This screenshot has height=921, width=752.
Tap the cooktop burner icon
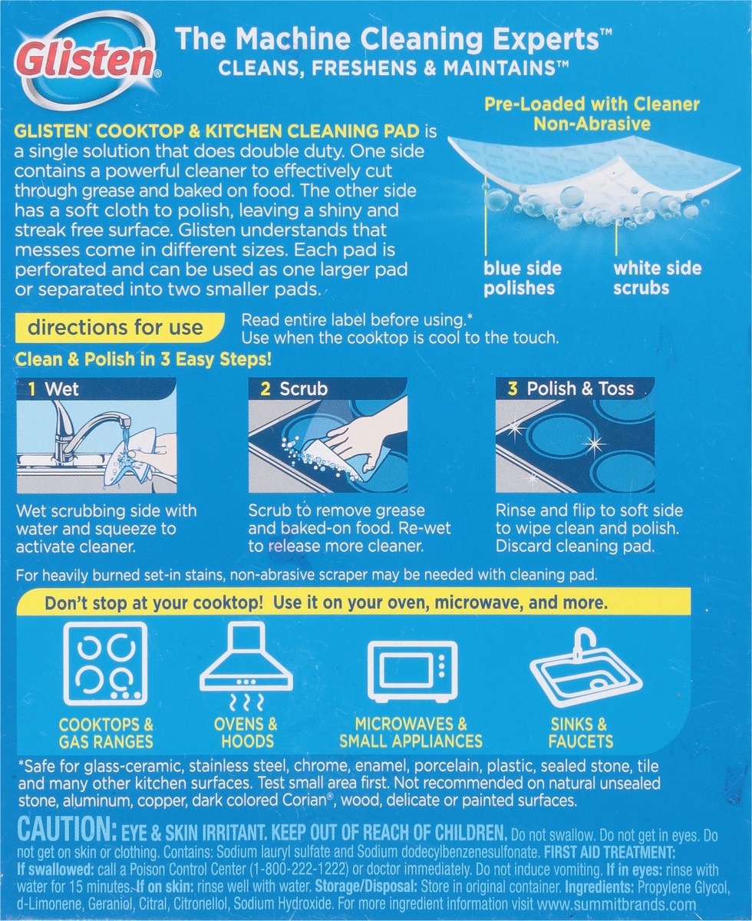point(105,663)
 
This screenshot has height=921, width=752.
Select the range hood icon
point(246,663)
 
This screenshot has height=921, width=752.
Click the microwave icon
point(412,671)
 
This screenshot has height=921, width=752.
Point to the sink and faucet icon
point(585,666)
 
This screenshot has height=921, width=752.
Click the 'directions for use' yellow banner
point(115,328)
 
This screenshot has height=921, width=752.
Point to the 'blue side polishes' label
point(523,278)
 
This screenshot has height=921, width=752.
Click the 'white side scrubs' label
point(657,278)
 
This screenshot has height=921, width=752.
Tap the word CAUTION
point(64,832)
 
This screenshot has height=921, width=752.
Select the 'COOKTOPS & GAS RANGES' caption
point(106,733)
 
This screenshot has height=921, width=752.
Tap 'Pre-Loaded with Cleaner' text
point(592,104)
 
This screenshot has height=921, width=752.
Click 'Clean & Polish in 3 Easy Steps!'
point(145,359)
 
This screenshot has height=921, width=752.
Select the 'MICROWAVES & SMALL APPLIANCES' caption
point(411,733)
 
